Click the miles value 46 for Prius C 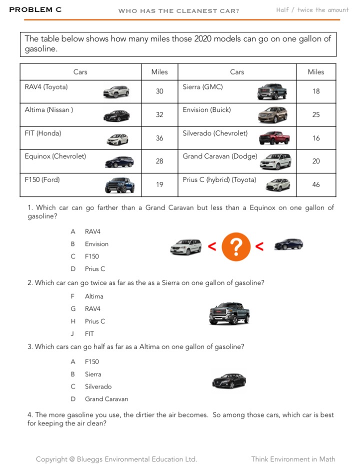[316, 184]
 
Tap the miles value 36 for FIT [159, 138]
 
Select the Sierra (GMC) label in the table [202, 87]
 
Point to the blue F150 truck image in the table [119, 185]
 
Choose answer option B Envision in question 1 [96, 244]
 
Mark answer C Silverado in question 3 [97, 386]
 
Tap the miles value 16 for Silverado [316, 138]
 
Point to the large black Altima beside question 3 [229, 381]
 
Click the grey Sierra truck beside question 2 [229, 313]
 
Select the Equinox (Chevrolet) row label [55, 156]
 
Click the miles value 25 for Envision [316, 114]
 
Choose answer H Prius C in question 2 [94, 321]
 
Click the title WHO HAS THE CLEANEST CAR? [178, 11]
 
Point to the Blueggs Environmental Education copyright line [116, 459]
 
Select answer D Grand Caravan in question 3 [106, 399]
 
